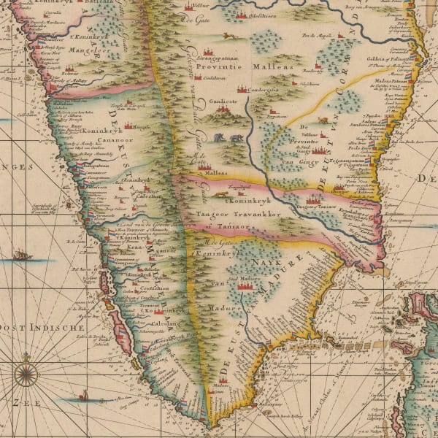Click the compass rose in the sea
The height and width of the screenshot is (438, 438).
tap(26, 374)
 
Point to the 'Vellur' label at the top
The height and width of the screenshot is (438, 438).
tap(192, 6)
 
